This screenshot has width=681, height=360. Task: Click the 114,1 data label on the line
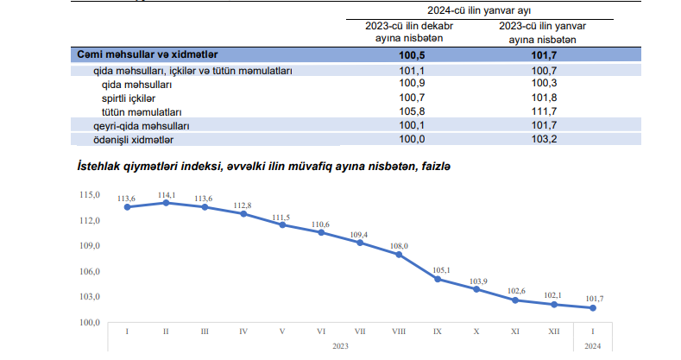[166, 194]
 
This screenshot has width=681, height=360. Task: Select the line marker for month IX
[438, 279]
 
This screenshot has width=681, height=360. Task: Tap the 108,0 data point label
[399, 246]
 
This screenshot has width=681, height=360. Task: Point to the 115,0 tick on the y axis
[91, 195]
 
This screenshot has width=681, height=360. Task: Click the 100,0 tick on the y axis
[91, 322]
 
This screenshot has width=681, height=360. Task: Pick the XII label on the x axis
[554, 332]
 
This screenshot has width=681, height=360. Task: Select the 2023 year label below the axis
[339, 345]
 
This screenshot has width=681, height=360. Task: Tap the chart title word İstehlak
[102, 165]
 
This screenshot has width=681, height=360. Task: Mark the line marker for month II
[166, 203]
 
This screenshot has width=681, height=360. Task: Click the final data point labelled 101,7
[593, 308]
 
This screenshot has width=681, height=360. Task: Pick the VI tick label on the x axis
[321, 332]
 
